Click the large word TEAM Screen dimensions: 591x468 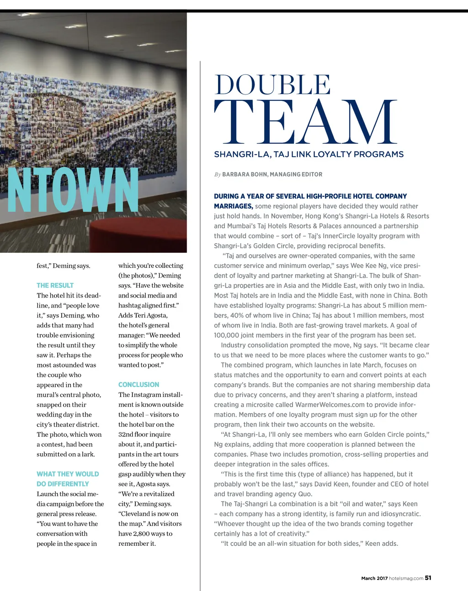[305, 122]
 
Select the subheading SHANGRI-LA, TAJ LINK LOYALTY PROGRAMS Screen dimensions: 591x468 [308, 154]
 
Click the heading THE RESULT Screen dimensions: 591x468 [55, 285]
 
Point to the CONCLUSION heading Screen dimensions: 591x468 [138, 385]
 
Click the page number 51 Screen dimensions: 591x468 [428, 578]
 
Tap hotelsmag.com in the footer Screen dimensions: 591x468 [406, 578]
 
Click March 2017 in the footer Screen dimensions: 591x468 [374, 578]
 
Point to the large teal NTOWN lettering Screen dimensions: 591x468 [73, 191]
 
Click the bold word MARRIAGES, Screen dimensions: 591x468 [233, 206]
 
